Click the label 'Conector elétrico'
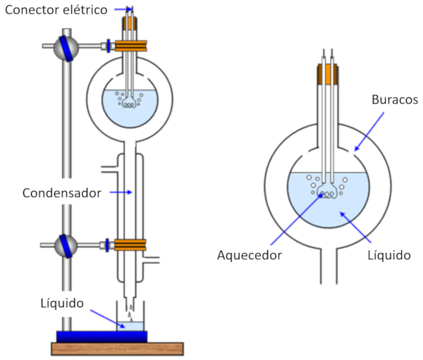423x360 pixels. [x=55, y=10]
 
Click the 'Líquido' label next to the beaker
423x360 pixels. [x=63, y=304]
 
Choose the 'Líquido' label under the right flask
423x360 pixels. [x=389, y=255]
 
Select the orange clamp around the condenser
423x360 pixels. [x=130, y=245]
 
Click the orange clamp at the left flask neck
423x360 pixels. [x=130, y=46]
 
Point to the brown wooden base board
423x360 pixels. [x=117, y=348]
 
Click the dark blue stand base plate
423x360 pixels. [x=102, y=336]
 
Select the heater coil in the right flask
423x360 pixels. [x=329, y=192]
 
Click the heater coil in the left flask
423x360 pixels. [x=130, y=104]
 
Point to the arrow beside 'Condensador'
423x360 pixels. [x=123, y=192]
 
